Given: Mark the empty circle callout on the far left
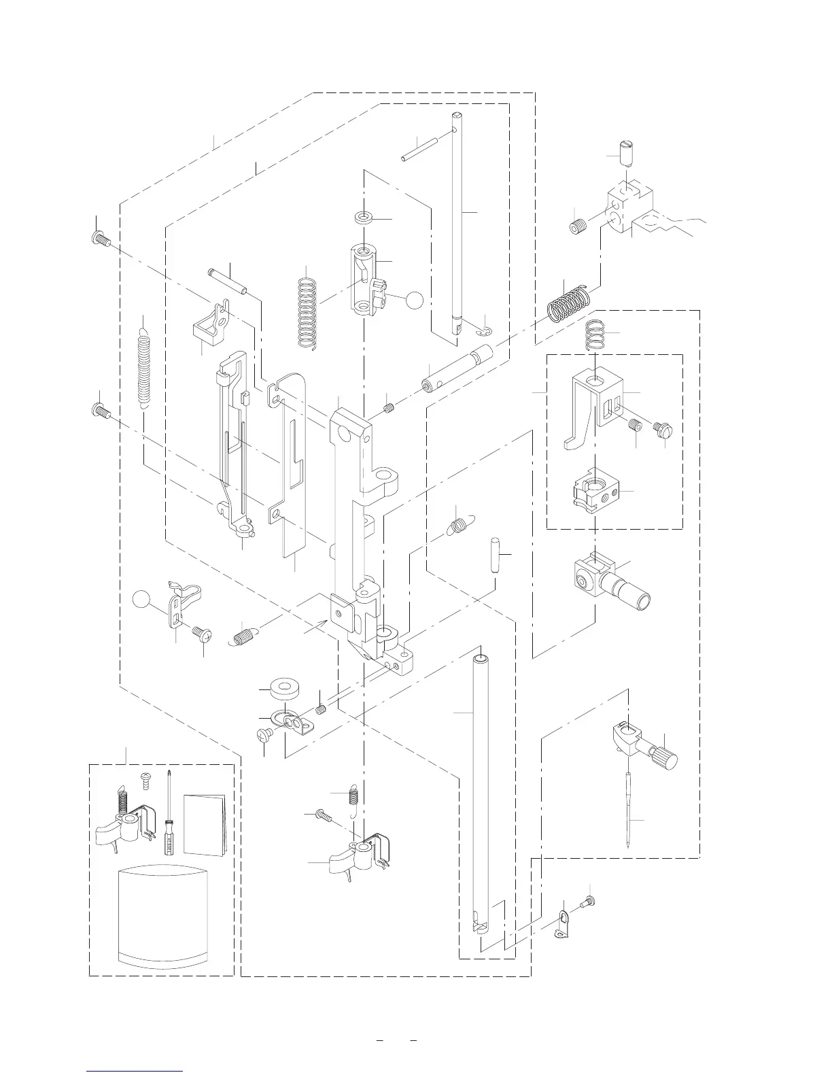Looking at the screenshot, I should [141, 599].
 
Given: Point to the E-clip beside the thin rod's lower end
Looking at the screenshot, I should [484, 330].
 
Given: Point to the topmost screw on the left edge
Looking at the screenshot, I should [100, 239].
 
